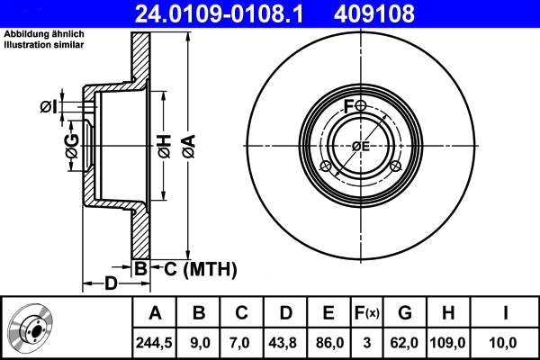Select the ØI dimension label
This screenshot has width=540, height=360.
(x=49, y=107)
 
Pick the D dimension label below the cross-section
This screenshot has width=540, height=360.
(x=109, y=284)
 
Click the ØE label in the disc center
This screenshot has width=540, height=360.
(x=361, y=146)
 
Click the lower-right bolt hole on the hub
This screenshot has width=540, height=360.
(x=394, y=166)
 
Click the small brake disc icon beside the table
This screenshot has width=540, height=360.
(x=33, y=327)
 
